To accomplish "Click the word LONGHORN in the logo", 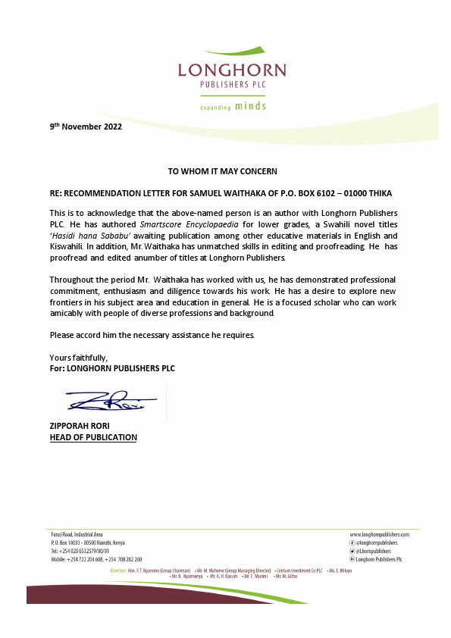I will tap(232, 70).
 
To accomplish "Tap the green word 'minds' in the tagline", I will tap(250, 106).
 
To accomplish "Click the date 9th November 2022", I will tap(86, 127).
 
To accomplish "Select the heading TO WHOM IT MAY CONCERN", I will tap(222, 171).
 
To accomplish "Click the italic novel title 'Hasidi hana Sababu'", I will tap(83, 236).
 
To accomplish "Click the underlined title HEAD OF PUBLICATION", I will tap(93, 437).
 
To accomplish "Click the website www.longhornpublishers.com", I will tap(384, 534).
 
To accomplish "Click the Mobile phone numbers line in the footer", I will tap(96, 559).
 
